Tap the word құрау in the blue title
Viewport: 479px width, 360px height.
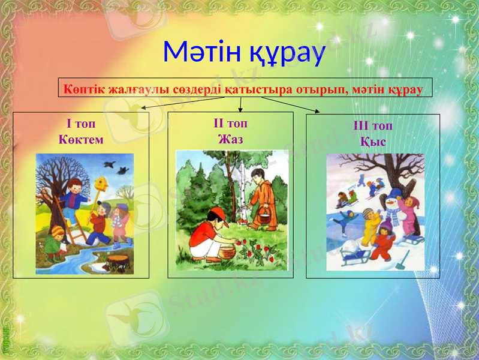pyautogui.click(x=285, y=54)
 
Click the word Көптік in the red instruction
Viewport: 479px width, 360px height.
pyautogui.click(x=85, y=90)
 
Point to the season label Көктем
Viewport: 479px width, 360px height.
pyautogui.click(x=81, y=140)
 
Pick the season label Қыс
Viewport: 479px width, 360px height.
pyautogui.click(x=372, y=142)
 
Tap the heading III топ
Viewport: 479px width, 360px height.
pyautogui.click(x=372, y=126)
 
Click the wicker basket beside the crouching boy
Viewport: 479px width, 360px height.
pyautogui.click(x=227, y=252)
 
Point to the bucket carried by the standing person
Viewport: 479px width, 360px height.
pyautogui.click(x=262, y=217)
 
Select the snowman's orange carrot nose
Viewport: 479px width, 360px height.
pyautogui.click(x=390, y=203)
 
